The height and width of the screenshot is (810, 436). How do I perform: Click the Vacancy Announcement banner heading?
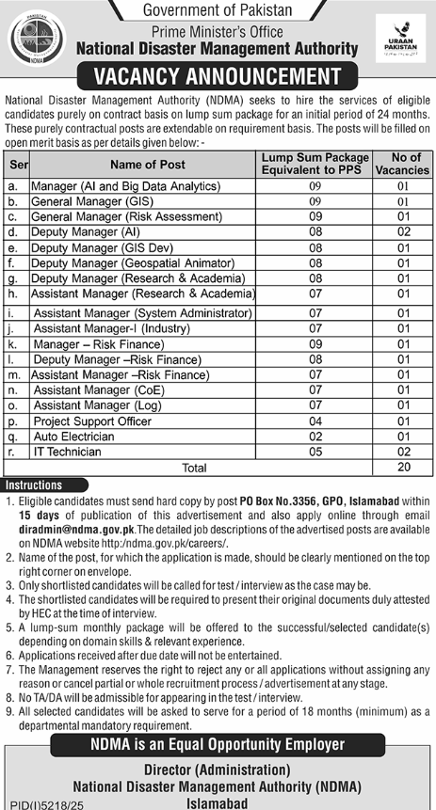click(x=218, y=76)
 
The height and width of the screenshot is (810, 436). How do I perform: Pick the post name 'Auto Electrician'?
click(x=73, y=437)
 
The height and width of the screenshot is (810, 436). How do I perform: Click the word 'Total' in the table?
click(x=194, y=468)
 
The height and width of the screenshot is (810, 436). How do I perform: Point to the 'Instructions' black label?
click(x=34, y=485)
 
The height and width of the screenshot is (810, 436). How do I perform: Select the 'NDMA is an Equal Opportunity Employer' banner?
click(x=218, y=744)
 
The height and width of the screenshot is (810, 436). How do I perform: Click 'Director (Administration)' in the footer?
click(x=218, y=769)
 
